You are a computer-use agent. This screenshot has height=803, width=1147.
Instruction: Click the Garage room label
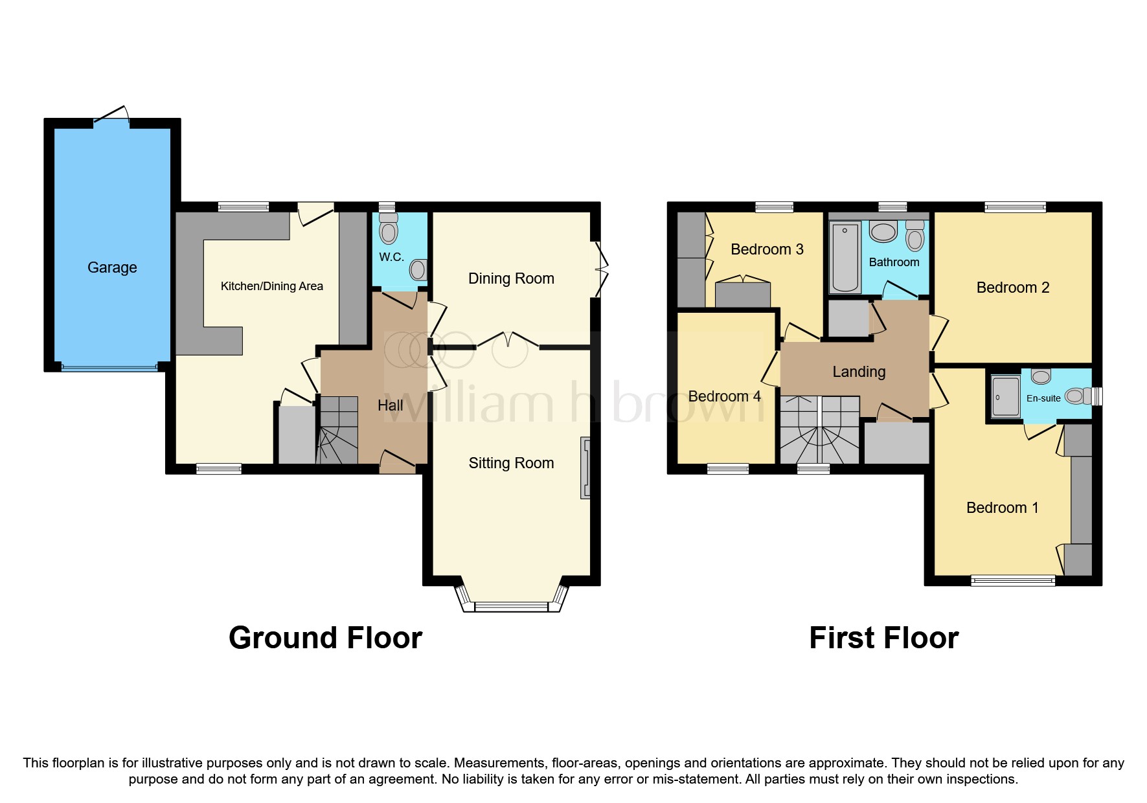112,267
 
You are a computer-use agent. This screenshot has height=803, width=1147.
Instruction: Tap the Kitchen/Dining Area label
271,286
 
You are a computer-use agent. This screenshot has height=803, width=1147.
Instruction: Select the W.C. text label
391,257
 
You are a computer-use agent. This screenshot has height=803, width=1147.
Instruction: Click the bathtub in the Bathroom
845,257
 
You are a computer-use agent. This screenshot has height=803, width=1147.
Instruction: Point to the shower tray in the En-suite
1005,396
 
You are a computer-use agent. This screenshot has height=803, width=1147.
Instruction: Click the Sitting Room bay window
511,606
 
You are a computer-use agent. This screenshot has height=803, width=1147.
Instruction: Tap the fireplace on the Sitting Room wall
585,468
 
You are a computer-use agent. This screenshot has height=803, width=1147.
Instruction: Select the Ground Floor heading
325,638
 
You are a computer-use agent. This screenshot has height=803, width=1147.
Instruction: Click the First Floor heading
883,638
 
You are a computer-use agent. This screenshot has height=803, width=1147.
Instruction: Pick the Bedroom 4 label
724,396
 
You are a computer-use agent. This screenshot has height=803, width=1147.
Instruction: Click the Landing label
859,372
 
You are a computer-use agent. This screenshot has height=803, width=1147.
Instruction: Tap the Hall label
390,405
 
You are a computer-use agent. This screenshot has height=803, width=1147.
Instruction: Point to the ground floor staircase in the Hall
338,431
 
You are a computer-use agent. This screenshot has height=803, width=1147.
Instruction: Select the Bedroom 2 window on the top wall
1015,207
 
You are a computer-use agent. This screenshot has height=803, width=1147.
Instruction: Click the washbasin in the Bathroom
882,231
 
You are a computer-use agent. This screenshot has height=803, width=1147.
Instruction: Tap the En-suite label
1043,398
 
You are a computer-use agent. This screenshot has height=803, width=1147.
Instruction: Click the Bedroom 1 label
1002,508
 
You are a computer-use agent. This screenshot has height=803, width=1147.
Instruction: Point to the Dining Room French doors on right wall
600,269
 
